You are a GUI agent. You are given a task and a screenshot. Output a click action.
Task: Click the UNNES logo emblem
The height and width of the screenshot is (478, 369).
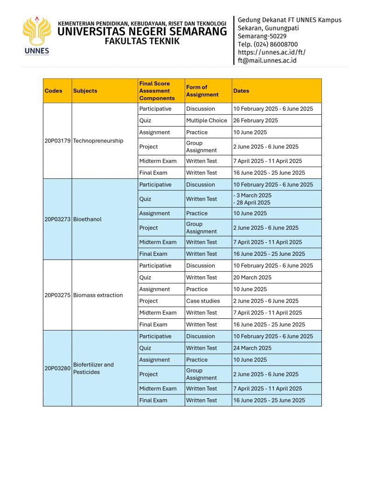37,33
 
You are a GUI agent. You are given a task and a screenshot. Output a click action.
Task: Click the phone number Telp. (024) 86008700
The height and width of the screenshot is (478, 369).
268,44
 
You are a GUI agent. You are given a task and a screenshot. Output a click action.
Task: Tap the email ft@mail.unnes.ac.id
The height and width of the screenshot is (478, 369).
267,60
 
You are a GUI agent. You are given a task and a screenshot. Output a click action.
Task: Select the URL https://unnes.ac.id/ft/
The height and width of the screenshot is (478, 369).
272,52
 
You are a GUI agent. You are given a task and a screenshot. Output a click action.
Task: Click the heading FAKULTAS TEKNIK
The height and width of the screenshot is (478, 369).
142,41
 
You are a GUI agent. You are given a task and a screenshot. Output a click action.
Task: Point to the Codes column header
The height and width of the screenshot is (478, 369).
53,91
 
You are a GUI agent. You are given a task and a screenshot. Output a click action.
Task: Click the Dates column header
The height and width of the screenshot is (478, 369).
241,91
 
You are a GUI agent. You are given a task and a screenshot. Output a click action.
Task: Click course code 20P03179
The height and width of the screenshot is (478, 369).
57,141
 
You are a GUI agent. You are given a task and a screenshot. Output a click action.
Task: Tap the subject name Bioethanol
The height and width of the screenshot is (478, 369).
87,219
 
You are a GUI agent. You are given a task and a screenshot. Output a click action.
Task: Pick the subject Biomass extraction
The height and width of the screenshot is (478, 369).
98,295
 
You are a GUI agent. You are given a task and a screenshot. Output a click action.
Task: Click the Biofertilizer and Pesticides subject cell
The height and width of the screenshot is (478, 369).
93,368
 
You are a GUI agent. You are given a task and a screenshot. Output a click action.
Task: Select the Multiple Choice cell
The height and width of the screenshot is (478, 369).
207,120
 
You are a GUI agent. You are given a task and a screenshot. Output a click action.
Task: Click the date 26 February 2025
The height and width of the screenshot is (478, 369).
255,120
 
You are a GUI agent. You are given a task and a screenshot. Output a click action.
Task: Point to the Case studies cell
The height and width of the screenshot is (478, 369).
203,301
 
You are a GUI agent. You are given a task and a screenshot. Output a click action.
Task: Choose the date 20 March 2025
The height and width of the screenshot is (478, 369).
251,277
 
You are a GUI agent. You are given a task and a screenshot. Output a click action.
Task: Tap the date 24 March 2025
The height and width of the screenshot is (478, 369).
252,348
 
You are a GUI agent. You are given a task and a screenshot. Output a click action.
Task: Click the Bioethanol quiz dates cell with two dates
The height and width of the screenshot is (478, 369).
252,199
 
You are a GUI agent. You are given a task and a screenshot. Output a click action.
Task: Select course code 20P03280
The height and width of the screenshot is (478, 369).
57,368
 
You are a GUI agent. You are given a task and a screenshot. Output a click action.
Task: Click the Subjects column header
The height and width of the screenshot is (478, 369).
85,91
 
